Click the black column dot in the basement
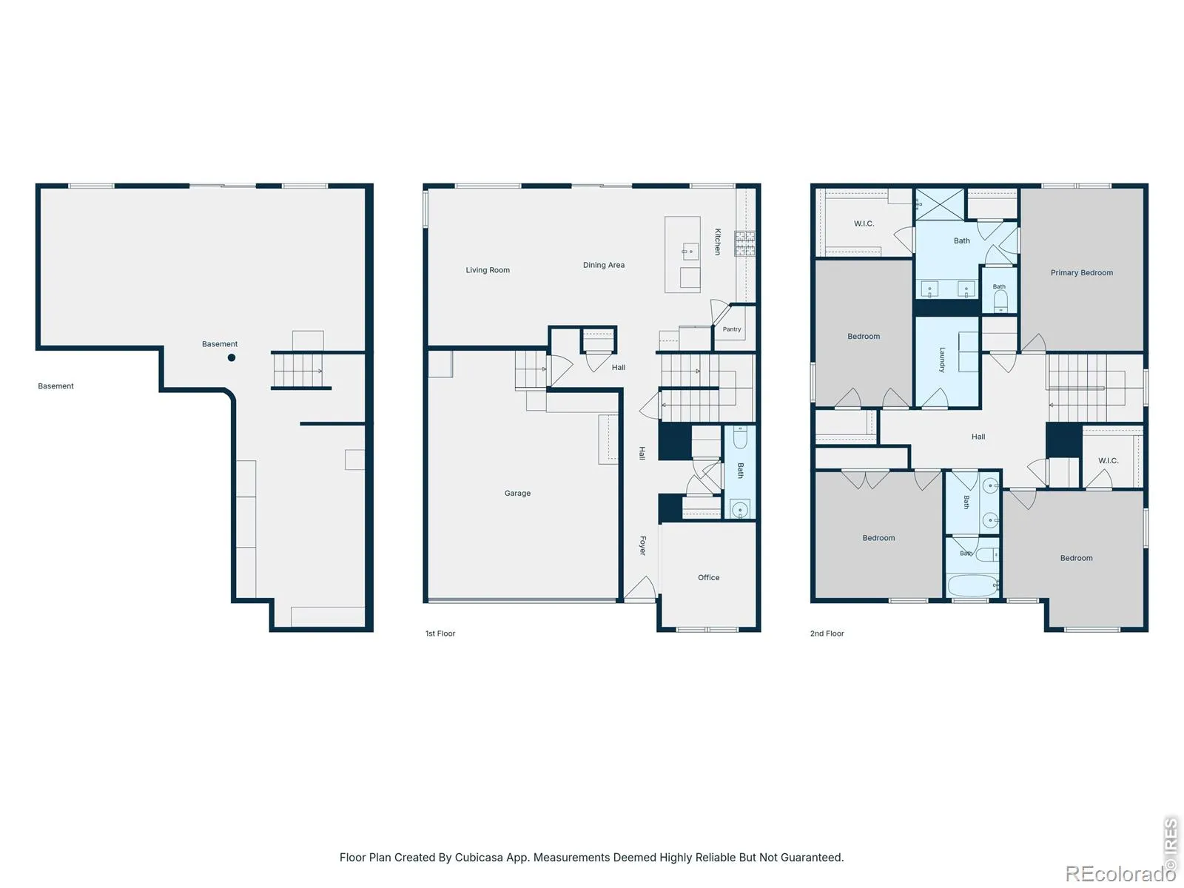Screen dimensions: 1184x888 point(232,357)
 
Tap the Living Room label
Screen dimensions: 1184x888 point(488,270)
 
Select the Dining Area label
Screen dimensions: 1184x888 point(604,265)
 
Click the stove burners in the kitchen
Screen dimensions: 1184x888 point(745,243)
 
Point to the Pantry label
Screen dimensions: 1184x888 point(731,329)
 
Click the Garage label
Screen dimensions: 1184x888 point(517,494)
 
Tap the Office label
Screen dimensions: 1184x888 point(708,577)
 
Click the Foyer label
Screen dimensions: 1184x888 point(642,545)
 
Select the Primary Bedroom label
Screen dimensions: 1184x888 point(1082,273)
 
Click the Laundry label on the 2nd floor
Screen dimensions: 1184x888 point(942,360)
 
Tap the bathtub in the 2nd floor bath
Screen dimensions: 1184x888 point(972,585)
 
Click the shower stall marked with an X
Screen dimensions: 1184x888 point(940,204)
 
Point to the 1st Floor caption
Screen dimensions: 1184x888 point(440,633)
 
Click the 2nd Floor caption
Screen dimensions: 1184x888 point(827,633)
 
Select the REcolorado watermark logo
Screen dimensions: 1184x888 point(1120,873)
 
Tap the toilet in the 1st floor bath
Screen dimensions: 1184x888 point(739,437)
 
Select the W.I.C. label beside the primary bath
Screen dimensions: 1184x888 point(864,223)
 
